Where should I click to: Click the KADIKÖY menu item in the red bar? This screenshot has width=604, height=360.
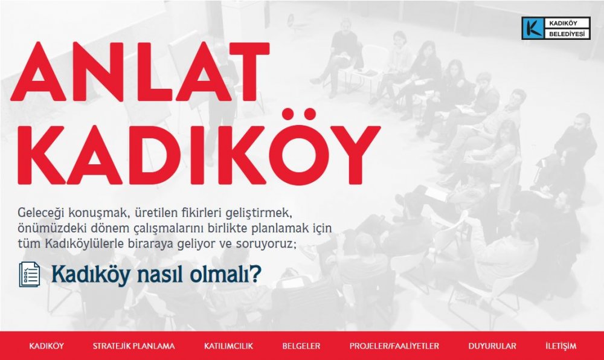(x=47, y=346)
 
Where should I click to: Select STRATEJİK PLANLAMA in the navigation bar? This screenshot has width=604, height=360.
(x=133, y=346)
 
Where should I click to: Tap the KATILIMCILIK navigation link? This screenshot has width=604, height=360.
(x=228, y=346)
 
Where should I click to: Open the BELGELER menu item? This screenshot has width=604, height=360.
(x=301, y=346)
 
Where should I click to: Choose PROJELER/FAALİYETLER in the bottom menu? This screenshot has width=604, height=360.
(x=394, y=346)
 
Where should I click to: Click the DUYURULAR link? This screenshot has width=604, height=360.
(x=492, y=346)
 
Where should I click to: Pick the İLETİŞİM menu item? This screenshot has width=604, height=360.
(x=561, y=346)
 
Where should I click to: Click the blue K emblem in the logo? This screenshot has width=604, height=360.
(x=532, y=28)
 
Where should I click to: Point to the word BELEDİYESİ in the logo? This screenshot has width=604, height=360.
(x=567, y=34)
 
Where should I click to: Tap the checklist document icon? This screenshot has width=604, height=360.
(x=30, y=274)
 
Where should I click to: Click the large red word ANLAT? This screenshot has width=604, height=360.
(x=140, y=71)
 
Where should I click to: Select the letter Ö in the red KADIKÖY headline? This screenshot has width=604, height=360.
(x=300, y=147)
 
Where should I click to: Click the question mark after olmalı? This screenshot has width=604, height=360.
(x=255, y=274)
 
